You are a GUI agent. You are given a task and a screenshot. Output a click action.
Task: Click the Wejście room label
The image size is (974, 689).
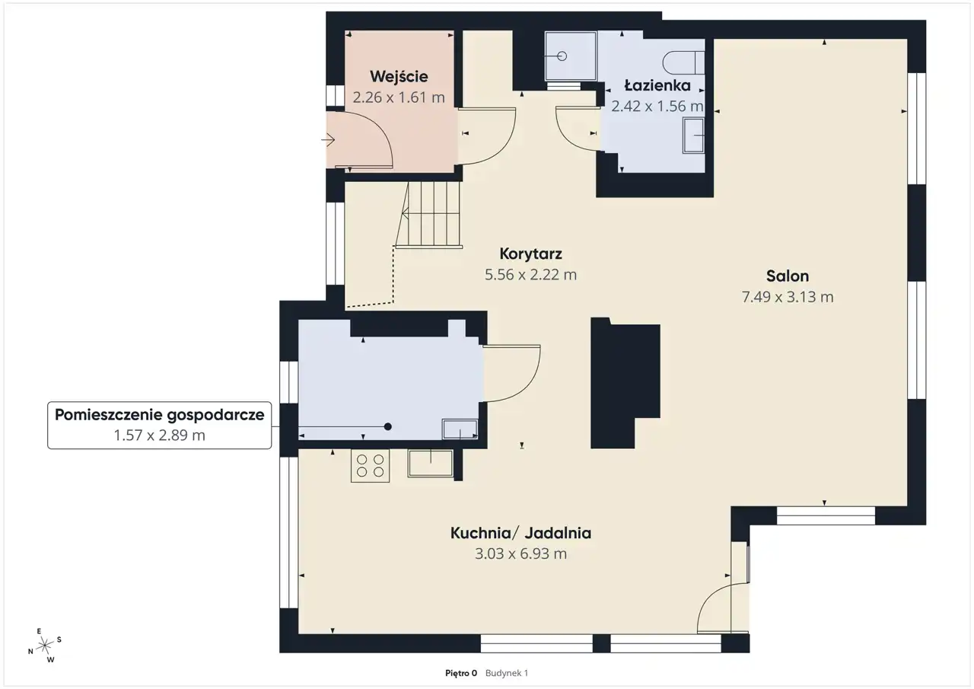pos(399,77)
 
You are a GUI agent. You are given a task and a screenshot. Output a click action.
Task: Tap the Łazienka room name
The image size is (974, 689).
pos(657,85)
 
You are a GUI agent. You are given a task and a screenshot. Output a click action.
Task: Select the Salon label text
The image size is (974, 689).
pos(788,276)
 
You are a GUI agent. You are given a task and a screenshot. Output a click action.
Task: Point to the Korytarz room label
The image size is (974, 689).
pos(530,254)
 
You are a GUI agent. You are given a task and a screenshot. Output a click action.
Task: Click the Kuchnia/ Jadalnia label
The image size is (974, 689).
pos(520,533)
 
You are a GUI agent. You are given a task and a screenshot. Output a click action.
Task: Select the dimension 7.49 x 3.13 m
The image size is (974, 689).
pos(788,297)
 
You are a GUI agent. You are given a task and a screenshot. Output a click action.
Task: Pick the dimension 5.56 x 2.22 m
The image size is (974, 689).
pos(530,275)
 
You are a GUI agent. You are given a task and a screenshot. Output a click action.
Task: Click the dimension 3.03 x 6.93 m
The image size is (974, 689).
pos(520,553)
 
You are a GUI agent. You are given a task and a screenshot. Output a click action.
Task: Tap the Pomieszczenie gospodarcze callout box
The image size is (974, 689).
pos(159,425)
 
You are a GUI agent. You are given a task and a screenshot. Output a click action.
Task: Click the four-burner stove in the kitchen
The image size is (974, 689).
pos(370,466)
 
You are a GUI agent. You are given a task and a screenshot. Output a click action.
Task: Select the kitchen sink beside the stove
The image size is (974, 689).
pos(431,463)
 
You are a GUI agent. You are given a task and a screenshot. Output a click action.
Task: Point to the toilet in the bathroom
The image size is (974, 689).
pos(683,63)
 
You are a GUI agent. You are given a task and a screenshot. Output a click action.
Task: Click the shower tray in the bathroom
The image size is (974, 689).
pos(571,56)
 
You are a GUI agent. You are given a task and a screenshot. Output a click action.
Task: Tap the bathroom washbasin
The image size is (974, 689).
pos(693,136)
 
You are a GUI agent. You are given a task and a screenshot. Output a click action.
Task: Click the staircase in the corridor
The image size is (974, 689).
pos(428,215)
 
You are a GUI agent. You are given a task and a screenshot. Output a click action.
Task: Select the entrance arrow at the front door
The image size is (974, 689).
pos(328,140)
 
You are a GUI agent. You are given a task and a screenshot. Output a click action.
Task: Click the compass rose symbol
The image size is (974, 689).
pos(45,646)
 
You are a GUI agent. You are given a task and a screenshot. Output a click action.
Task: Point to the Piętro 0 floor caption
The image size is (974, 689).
pos(461,673)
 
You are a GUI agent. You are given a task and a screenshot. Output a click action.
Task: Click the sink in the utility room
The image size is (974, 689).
pos(460,429)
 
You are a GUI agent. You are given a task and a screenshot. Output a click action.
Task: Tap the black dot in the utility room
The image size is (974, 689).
pos(388,426)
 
